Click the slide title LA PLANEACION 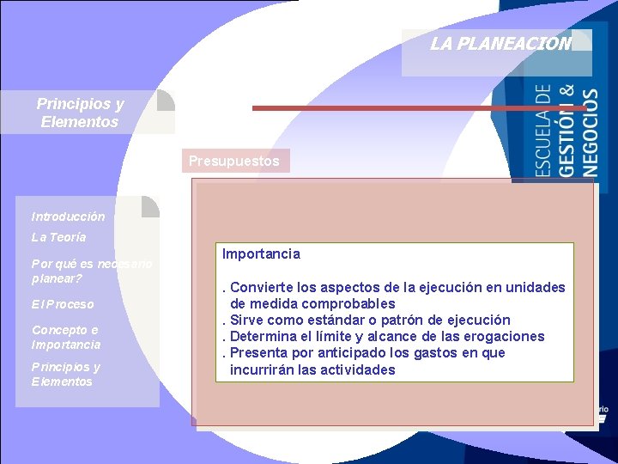[x=500, y=44]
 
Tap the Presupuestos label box [x=234, y=161]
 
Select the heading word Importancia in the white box [x=261, y=254]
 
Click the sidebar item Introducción [x=68, y=217]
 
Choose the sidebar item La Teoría [x=58, y=237]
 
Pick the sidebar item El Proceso [x=63, y=304]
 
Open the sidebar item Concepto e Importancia [x=66, y=337]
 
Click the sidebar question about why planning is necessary [x=91, y=271]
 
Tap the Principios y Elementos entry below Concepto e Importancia [x=66, y=374]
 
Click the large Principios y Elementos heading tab [x=80, y=113]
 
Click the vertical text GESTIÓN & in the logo [x=566, y=130]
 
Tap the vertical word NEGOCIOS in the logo [x=591, y=133]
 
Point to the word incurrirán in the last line [x=262, y=369]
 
